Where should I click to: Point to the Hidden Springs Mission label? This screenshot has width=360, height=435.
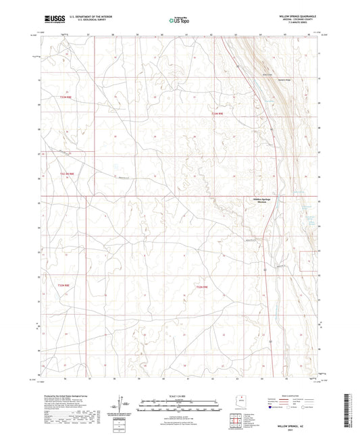pos(255,203)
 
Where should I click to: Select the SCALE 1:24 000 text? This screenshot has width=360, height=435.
pos(179,395)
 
